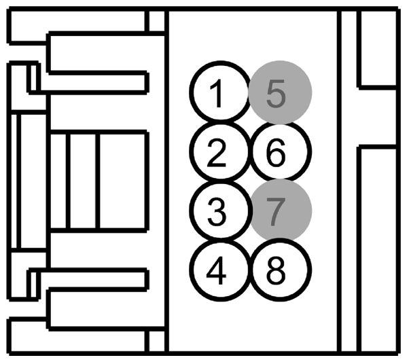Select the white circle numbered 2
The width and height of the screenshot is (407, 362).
click(x=217, y=153)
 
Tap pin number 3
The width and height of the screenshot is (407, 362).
click(x=217, y=213)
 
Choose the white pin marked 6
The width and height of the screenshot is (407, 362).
click(x=279, y=153)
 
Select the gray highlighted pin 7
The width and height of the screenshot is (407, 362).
click(x=279, y=212)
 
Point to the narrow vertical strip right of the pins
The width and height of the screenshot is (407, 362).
click(x=347, y=181)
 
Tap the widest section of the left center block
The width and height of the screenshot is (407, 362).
click(x=122, y=181)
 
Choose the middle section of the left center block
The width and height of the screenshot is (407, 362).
click(x=84, y=181)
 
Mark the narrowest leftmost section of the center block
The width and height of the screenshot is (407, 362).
click(x=60, y=181)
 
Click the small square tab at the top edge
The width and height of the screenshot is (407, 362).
click(x=156, y=22)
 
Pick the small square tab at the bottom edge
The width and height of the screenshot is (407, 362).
click(x=156, y=339)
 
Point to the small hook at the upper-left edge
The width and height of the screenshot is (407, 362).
click(x=31, y=77)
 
